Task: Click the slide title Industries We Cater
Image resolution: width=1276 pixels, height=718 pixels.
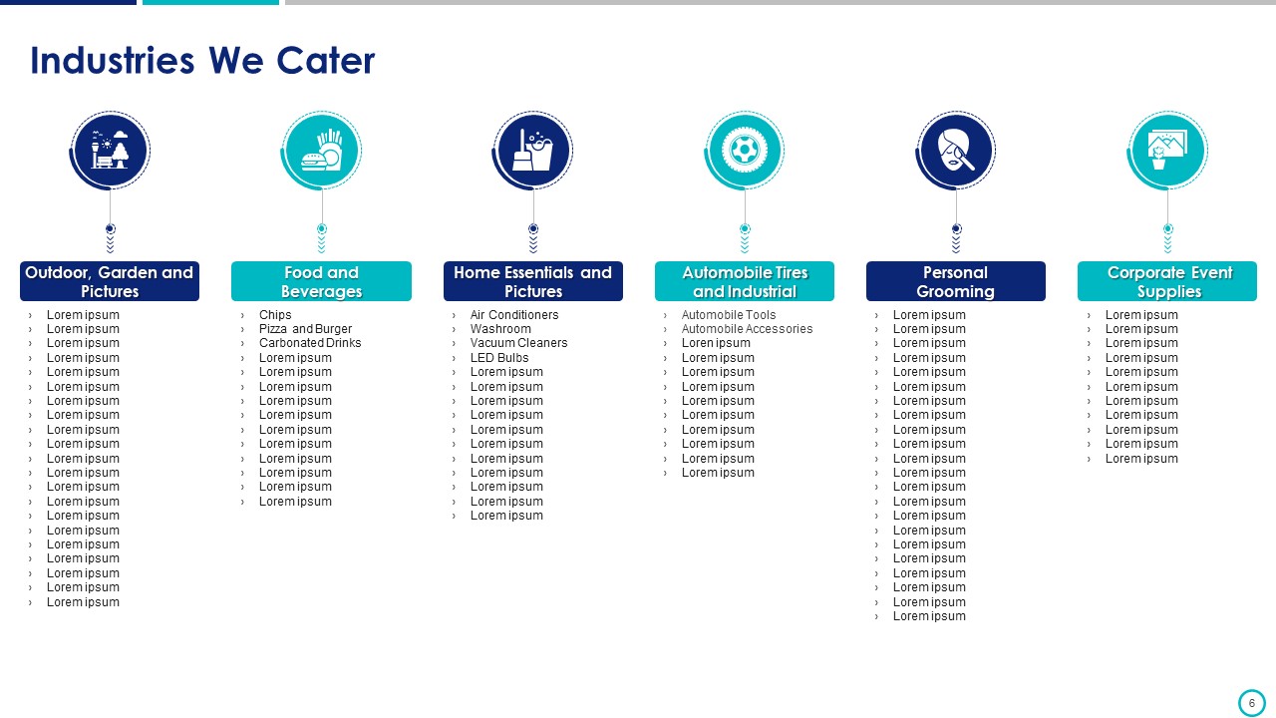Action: [202, 61]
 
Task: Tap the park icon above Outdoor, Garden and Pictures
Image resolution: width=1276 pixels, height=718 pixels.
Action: [110, 150]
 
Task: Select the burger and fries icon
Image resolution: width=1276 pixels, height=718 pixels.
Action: [322, 150]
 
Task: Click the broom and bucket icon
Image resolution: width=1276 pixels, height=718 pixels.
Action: [532, 150]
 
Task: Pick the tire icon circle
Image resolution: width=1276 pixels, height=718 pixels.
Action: [744, 151]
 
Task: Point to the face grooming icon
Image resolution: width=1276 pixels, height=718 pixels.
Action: [955, 150]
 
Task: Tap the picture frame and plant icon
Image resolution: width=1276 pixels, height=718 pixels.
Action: [1167, 150]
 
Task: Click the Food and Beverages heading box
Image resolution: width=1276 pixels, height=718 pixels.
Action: [321, 281]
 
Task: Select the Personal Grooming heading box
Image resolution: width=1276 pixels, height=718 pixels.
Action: [956, 281]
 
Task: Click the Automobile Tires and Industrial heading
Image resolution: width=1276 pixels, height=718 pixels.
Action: [745, 281]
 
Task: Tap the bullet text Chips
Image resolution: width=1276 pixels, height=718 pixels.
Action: [275, 314]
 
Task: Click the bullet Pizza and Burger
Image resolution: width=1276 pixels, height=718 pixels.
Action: [305, 329]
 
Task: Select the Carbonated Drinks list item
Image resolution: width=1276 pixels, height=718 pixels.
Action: [310, 342]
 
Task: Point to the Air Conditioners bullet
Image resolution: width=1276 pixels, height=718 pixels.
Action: [514, 314]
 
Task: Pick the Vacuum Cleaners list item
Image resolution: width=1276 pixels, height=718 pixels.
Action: [519, 342]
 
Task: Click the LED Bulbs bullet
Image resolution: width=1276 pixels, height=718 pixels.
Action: [499, 357]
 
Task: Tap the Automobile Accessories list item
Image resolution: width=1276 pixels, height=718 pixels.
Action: [748, 329]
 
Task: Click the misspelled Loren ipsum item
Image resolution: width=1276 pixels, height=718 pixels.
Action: [716, 342]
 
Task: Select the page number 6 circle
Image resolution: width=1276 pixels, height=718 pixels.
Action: [1251, 703]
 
